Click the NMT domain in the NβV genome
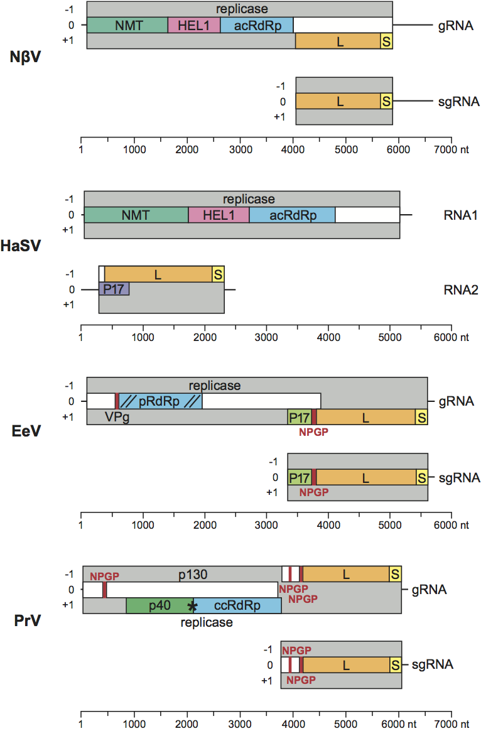coord(127,26)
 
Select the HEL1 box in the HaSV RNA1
coord(219,215)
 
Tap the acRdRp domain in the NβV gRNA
coord(256,26)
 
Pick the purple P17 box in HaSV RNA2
coord(114,289)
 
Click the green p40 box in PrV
coord(159,605)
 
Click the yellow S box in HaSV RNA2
coord(218,274)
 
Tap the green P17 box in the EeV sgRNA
coord(300,477)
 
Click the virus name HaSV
coord(21,246)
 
